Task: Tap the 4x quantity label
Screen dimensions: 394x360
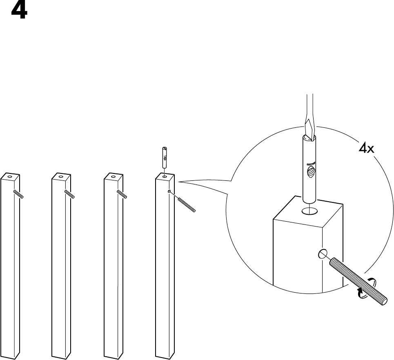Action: (366, 149)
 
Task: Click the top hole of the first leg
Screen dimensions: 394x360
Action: (9, 176)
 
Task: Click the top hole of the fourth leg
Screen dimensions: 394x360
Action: (164, 177)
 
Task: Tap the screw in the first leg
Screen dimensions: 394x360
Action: (19, 194)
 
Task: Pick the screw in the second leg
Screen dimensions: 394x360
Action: (69, 194)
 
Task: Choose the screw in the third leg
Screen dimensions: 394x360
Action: (122, 194)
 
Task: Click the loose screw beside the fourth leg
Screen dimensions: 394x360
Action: (187, 205)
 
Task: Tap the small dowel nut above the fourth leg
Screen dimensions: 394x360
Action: (164, 158)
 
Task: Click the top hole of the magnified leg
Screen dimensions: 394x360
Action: (309, 211)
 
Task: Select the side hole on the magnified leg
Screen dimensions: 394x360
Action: (323, 254)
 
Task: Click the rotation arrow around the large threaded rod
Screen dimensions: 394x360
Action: (365, 288)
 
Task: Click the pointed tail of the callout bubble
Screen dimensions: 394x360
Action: (179, 182)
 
